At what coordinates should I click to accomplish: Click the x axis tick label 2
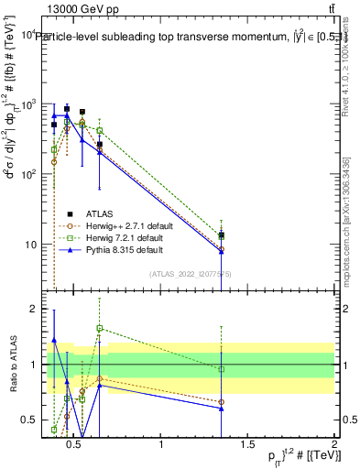[333, 445]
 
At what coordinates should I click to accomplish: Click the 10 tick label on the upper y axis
[29, 245]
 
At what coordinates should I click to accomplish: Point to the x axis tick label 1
[161, 445]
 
